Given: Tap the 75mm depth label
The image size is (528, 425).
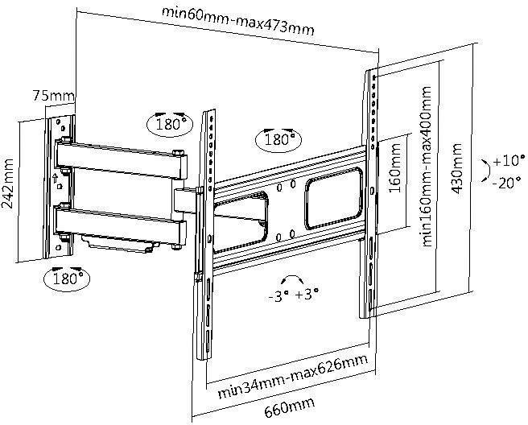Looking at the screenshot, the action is pos(47,95).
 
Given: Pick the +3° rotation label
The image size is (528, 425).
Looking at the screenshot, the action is pos(307,295).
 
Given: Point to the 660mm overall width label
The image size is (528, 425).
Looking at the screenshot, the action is pos(288,409).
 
